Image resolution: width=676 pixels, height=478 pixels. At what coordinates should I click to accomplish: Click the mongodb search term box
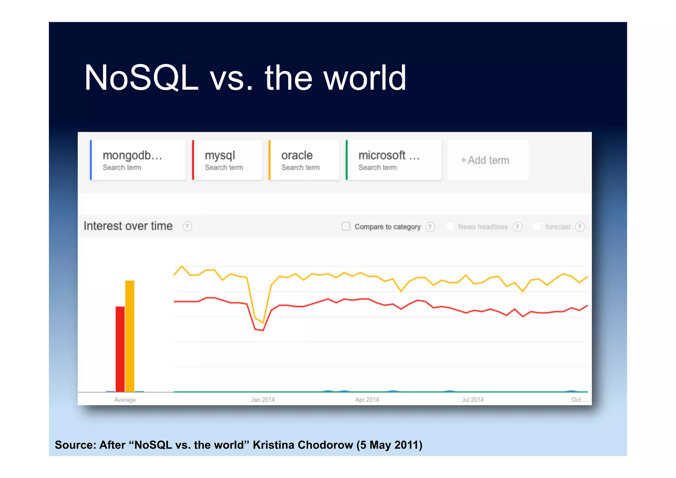pyautogui.click(x=138, y=160)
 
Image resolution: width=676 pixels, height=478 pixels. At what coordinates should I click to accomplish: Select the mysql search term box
pyautogui.click(x=227, y=160)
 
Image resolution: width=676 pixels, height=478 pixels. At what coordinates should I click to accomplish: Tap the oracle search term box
pyautogui.click(x=304, y=160)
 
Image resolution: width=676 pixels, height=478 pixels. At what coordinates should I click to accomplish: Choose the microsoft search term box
pyautogui.click(x=393, y=160)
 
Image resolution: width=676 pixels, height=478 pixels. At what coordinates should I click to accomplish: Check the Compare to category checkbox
pyautogui.click(x=346, y=226)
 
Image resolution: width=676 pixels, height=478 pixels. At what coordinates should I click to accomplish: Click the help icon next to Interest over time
pyautogui.click(x=187, y=226)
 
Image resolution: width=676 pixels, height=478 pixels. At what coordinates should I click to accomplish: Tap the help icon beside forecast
pyautogui.click(x=580, y=227)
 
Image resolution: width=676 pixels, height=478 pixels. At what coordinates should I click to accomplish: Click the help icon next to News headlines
pyautogui.click(x=517, y=227)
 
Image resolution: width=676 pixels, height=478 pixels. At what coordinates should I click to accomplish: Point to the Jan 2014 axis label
pyautogui.click(x=263, y=400)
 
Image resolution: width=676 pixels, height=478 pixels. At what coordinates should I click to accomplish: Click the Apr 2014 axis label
pyautogui.click(x=367, y=400)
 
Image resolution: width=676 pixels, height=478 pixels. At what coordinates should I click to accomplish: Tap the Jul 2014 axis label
pyautogui.click(x=472, y=400)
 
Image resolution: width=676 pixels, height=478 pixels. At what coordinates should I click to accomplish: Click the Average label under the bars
pyautogui.click(x=125, y=400)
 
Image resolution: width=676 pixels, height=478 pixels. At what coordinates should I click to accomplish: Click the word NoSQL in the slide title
pyautogui.click(x=141, y=78)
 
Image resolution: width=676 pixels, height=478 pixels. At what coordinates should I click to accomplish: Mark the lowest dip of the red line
pyautogui.click(x=263, y=330)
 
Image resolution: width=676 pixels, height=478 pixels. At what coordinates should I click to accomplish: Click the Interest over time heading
pyautogui.click(x=128, y=226)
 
